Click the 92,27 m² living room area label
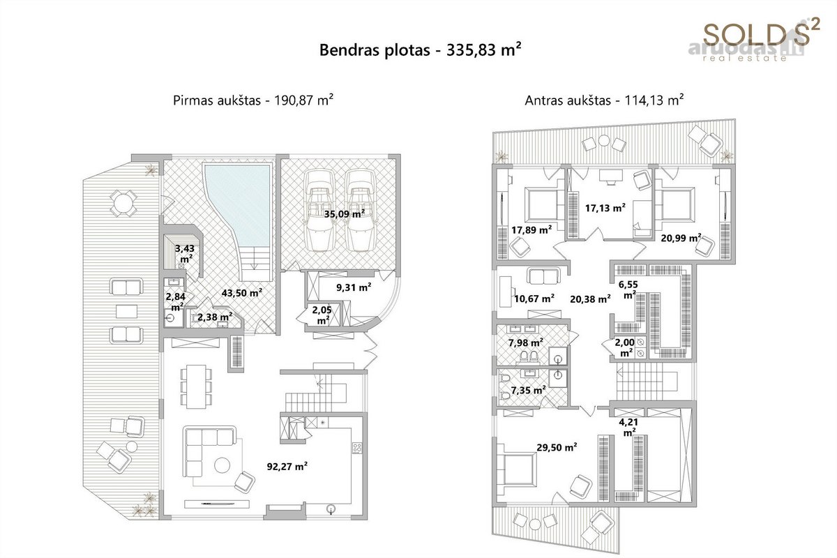click(x=287, y=466)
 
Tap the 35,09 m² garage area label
click(x=344, y=213)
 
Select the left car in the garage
click(x=319, y=211)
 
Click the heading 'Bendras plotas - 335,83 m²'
click(x=421, y=50)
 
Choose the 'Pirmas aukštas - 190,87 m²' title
click(x=253, y=100)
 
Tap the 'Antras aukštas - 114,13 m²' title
click(x=604, y=100)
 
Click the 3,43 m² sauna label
click(x=186, y=253)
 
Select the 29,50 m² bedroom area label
click(x=557, y=447)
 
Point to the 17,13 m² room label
click(x=605, y=207)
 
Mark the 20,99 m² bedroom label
click(x=681, y=238)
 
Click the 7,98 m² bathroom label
click(x=526, y=342)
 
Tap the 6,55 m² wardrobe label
click(x=628, y=289)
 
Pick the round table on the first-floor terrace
click(x=123, y=203)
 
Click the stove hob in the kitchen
click(x=357, y=448)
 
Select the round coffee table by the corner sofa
click(x=222, y=465)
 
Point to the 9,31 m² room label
click(x=354, y=287)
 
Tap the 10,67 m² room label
click(x=534, y=299)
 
